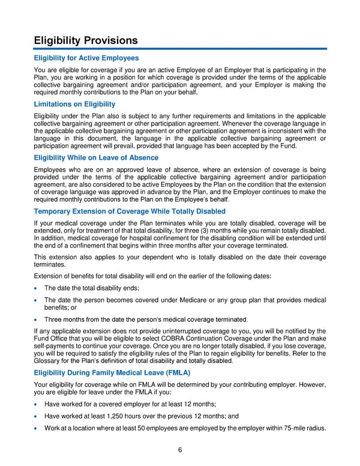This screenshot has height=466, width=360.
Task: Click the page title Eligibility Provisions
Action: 86,40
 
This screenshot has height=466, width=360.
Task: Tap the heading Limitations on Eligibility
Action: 74,104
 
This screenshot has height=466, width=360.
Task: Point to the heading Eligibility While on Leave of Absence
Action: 97,158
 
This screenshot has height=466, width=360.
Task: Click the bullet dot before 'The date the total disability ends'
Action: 37,288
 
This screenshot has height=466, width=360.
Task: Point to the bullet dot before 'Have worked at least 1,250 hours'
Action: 37,416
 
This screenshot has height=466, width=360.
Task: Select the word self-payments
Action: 54,346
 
